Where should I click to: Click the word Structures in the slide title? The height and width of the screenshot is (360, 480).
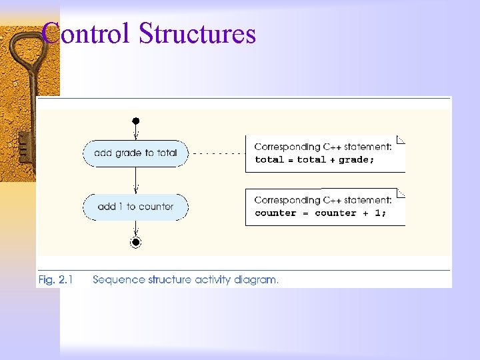197,33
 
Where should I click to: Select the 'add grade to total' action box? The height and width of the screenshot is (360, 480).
135,153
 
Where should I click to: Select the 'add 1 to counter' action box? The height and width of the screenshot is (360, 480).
135,207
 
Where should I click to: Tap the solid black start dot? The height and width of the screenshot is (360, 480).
135,121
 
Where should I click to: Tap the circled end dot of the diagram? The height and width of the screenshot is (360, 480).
136,242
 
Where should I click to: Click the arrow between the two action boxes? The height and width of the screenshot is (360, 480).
136,180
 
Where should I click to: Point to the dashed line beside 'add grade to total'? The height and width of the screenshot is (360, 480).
217,153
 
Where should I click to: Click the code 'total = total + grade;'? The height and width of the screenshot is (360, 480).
315,160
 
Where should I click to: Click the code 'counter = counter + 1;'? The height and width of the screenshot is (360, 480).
320,213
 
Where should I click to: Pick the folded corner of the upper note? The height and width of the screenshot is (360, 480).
401,140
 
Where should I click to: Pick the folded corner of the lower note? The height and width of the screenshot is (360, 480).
401,193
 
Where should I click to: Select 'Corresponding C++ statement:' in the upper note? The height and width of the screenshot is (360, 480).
323,147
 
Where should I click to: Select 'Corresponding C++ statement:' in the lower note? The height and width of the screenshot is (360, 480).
323,200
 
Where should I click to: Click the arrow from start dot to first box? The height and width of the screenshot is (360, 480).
136,132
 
